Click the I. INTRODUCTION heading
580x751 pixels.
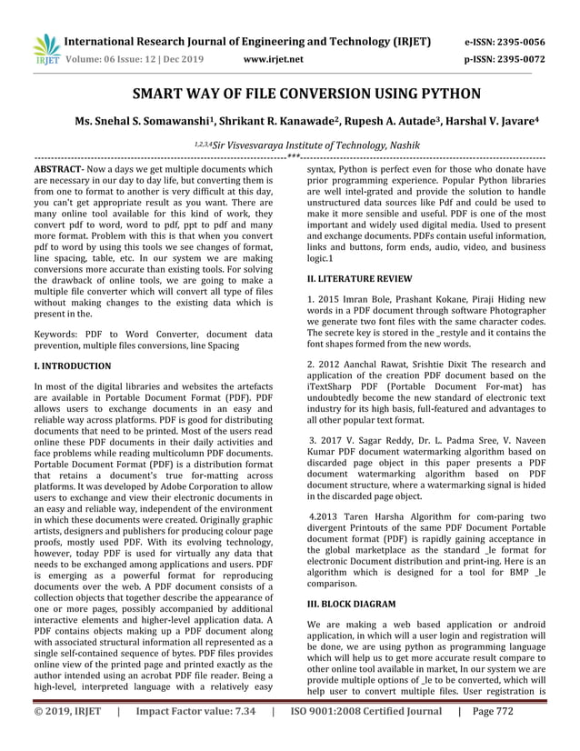coord(72,366)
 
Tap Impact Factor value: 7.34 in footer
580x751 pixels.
coord(195,737)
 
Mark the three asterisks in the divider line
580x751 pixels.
coord(292,157)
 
